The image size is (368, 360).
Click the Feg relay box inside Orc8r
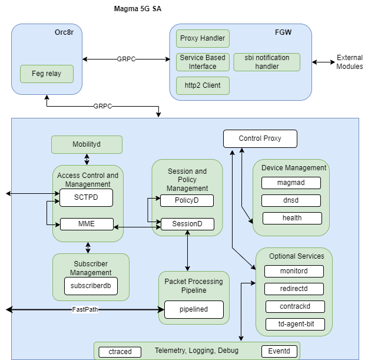coord(47,74)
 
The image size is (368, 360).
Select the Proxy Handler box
coord(203,39)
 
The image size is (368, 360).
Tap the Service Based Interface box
coord(203,62)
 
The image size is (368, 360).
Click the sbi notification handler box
coord(267,62)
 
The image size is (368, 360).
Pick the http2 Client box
coord(203,85)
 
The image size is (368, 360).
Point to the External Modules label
coord(349,62)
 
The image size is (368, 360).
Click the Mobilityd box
coord(87,144)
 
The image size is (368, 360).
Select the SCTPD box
coord(87,198)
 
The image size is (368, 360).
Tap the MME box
coord(87,224)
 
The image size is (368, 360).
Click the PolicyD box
coord(187,201)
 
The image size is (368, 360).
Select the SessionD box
coord(187,224)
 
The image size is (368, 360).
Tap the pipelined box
coord(194,309)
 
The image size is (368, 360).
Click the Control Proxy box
coord(260,139)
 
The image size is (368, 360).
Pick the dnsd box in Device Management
coord(291,200)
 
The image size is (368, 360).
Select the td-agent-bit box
coord(294,323)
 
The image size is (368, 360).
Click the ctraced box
coord(120,352)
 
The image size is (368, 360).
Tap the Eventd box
coord(280,352)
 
